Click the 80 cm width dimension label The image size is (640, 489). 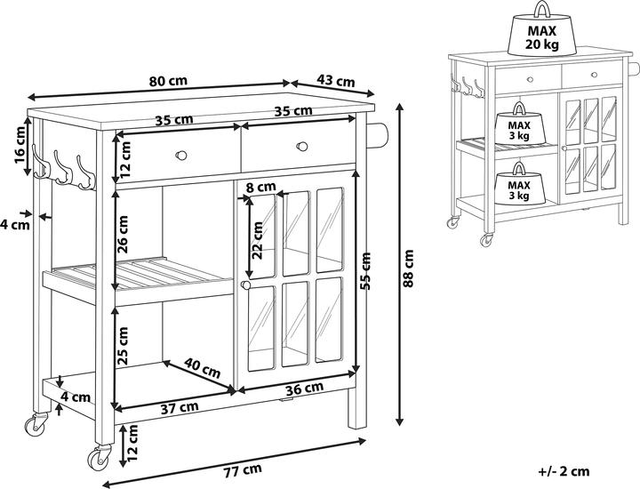point(168,80)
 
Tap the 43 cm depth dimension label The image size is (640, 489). point(335,82)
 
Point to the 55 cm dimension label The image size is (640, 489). point(365,269)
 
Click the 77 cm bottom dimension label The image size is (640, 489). point(242,469)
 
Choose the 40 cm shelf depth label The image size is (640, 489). point(203,367)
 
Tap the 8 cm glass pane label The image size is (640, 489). point(260,188)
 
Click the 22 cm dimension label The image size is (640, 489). point(258,237)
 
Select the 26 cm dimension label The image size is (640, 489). point(124,235)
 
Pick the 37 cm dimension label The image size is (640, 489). point(180,407)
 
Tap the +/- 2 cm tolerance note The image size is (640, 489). point(564,471)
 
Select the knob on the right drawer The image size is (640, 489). point(301,145)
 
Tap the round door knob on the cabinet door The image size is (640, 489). point(242,285)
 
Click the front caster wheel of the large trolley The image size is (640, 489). point(96,459)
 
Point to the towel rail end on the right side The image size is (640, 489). point(379,136)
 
